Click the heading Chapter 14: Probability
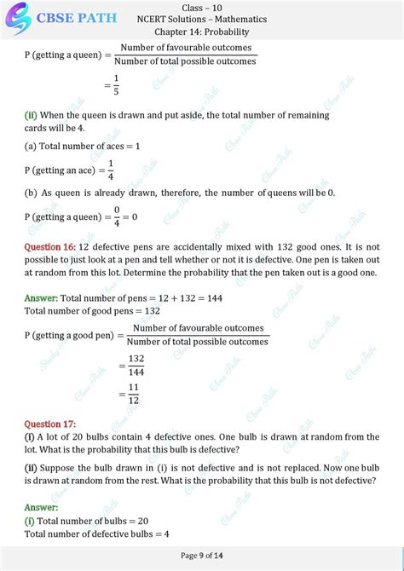coord(201,32)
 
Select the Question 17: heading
coord(50,424)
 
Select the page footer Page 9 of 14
coord(201,556)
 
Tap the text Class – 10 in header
coord(202,7)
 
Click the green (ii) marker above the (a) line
coord(30,114)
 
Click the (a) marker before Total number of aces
coord(30,146)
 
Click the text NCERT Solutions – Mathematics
coord(202,19)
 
